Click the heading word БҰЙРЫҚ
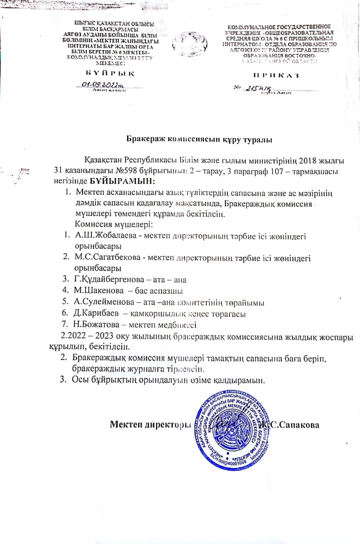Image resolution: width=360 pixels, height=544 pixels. (108, 73)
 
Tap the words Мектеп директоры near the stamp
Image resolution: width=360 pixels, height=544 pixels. (148, 425)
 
